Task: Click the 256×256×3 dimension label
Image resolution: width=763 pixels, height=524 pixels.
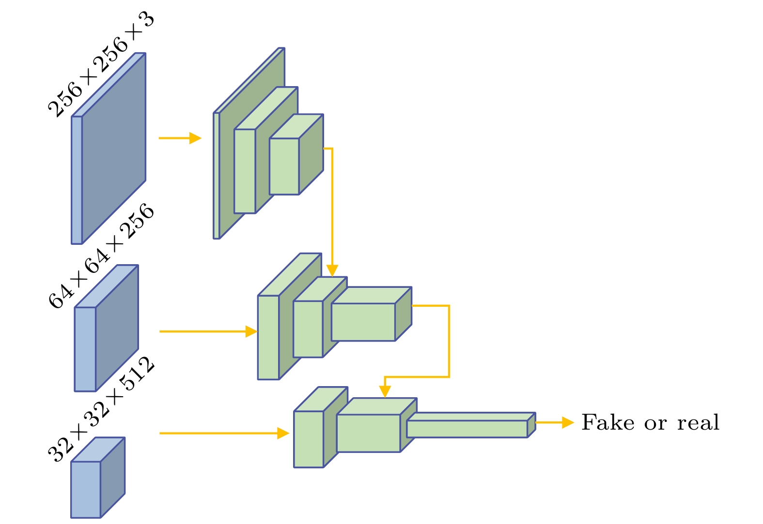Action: coord(101,64)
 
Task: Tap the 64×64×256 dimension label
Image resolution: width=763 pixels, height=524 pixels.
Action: coord(101,257)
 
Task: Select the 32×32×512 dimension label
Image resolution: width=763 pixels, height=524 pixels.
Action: coord(101,409)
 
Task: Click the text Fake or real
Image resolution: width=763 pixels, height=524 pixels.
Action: coord(650,422)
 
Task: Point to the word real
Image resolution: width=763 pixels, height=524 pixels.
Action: coord(698,422)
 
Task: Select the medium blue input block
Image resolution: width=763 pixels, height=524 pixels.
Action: coord(107,334)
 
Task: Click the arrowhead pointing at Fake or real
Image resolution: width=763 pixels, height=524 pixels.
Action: coord(567,422)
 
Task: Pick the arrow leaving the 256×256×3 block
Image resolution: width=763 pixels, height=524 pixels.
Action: coord(179,138)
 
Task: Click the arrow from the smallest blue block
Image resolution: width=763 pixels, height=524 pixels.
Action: coord(223,433)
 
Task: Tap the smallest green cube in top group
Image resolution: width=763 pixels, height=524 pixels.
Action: coord(285,166)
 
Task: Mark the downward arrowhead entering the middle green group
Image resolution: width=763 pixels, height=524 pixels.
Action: coord(332,270)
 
